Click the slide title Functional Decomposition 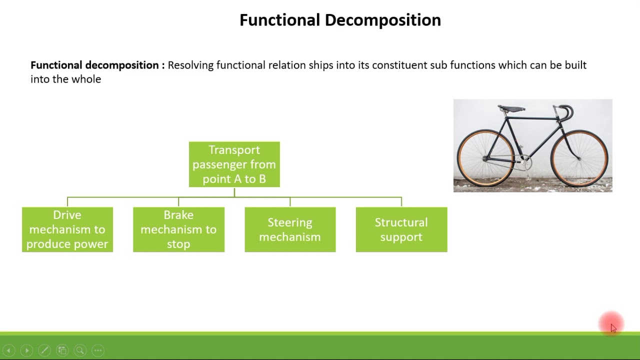click(340, 20)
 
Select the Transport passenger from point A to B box click(234, 164)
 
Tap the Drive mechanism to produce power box click(67, 229)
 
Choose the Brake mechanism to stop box click(178, 229)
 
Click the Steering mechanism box click(290, 229)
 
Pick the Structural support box click(401, 229)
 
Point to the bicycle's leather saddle click(511, 108)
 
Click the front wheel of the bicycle click(579, 158)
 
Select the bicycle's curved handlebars click(564, 112)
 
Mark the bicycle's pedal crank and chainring click(524, 161)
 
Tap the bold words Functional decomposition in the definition click(94, 65)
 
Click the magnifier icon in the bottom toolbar click(80, 350)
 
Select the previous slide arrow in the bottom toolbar click(8, 350)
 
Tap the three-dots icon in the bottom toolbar click(98, 350)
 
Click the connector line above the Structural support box click(401, 201)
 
